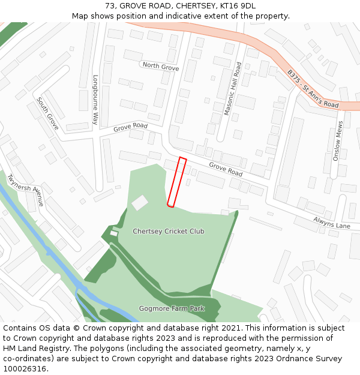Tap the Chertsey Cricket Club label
[x=169, y=231]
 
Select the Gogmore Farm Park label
[x=172, y=308]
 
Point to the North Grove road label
[x=160, y=67]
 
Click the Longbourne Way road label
[x=95, y=100]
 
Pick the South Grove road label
[x=47, y=113]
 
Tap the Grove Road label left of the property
[x=130, y=127]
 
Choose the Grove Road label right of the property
[x=226, y=169]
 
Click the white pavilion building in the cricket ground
[x=140, y=203]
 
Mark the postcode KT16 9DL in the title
[x=238, y=6]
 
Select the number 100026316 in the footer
[x=25, y=368]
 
